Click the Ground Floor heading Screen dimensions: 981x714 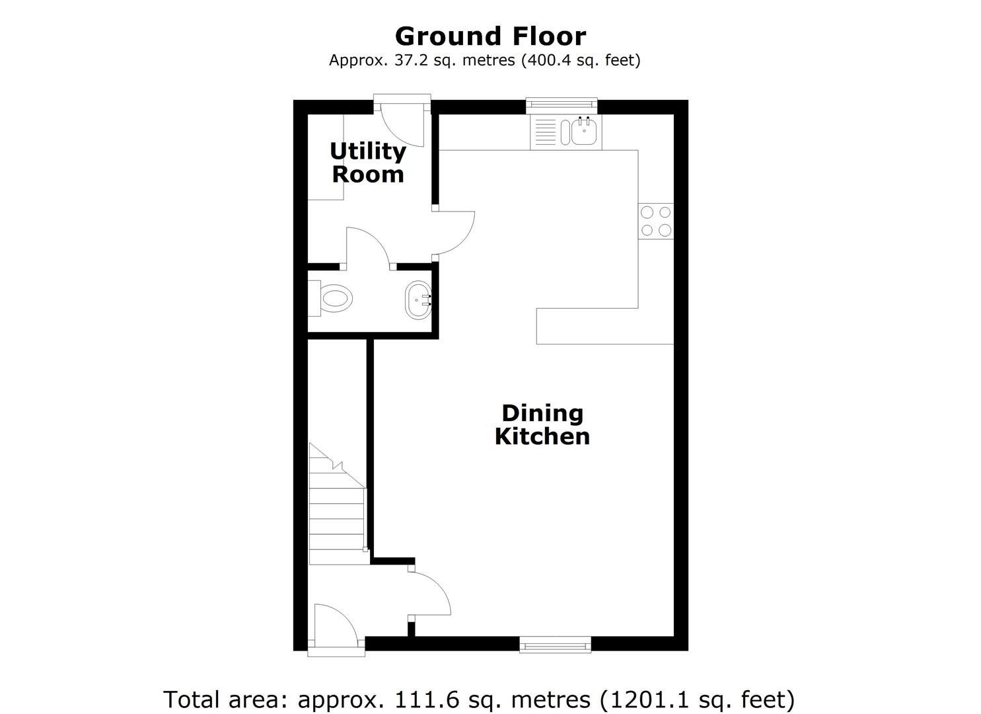(490, 36)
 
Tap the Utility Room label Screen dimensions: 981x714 (368, 163)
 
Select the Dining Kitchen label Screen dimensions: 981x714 (542, 424)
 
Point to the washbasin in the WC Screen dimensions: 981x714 (418, 299)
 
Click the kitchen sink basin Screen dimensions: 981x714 (584, 130)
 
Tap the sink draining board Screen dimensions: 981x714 (545, 132)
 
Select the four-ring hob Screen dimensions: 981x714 (655, 221)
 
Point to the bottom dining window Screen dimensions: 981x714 (556, 645)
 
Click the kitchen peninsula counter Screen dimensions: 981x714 (605, 326)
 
